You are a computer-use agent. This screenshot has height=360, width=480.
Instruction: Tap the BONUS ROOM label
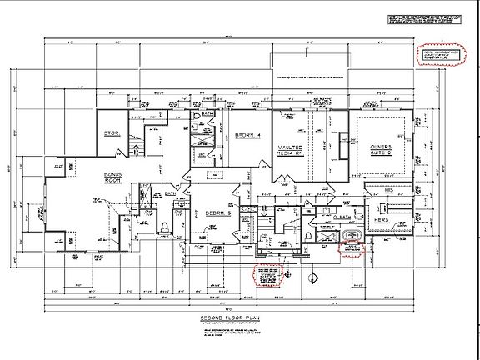[x=113, y=177]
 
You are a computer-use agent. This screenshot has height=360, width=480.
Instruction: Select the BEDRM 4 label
[x=248, y=135]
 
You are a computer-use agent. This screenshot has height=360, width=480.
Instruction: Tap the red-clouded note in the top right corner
[x=439, y=54]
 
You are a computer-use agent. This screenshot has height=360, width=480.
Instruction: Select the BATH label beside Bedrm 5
[x=169, y=192]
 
